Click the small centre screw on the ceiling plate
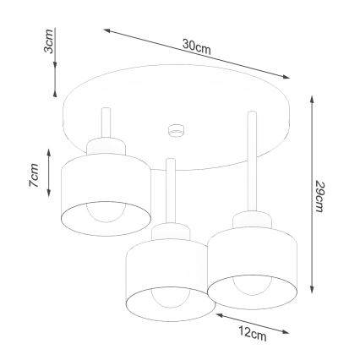coord(177,130)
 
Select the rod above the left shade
coord(104,127)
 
